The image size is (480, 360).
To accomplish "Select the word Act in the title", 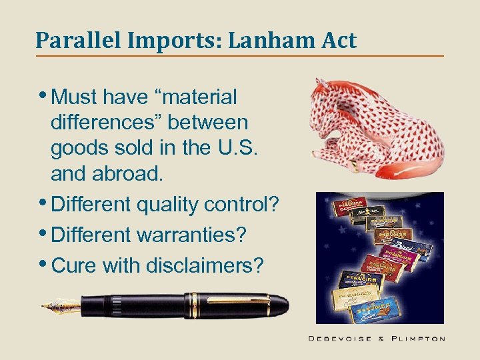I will (338, 41).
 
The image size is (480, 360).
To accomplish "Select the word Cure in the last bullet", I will (74, 265).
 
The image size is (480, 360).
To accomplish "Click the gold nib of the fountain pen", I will (60, 307).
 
